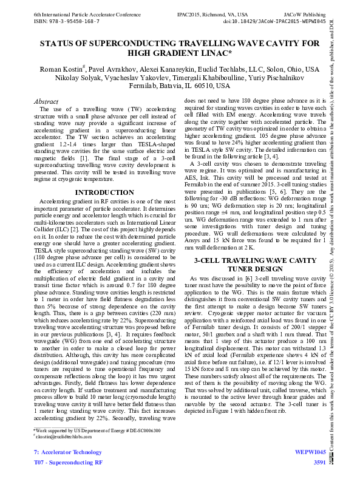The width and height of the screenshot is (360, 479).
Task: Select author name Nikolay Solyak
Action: [64, 78]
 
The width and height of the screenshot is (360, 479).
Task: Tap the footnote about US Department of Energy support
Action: [97, 430]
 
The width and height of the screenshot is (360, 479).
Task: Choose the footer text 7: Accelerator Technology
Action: [67, 452]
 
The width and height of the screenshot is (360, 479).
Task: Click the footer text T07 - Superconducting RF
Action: [67, 463]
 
